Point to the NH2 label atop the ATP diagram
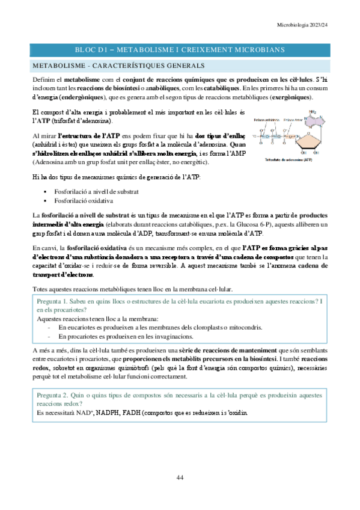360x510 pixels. (x=312, y=111)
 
